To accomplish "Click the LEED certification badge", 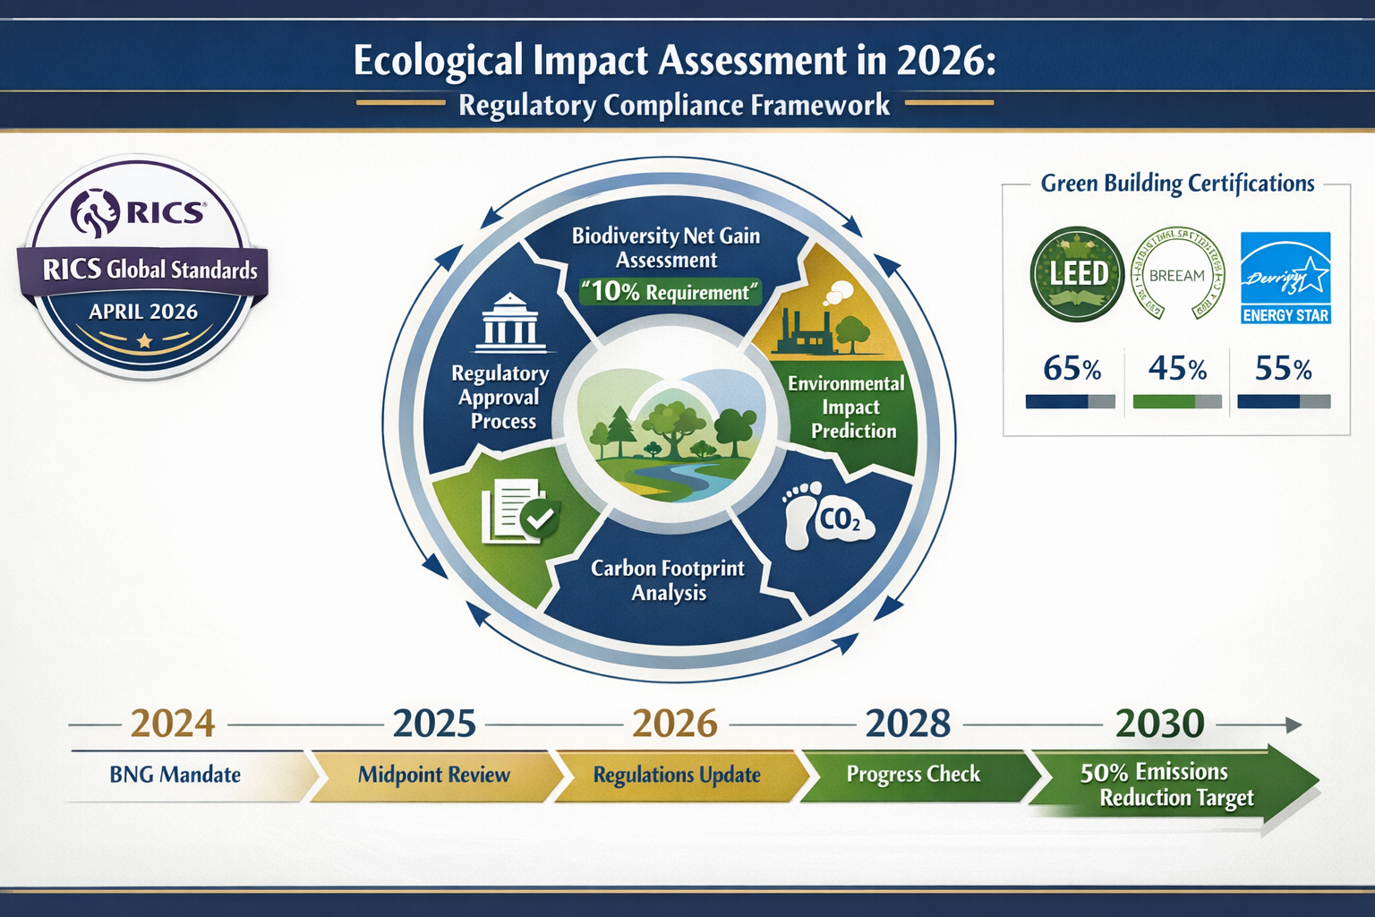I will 1077,274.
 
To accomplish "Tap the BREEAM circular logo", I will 1177,274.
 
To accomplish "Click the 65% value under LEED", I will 1072,369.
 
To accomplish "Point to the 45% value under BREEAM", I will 1177,369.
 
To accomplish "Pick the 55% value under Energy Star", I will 1283,369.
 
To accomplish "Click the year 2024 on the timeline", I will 173,724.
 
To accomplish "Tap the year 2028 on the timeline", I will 908,724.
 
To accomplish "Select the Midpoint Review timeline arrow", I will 434,776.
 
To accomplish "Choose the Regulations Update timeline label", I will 677,776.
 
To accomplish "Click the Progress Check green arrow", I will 913,775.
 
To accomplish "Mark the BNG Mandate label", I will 175,776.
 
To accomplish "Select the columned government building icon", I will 510,322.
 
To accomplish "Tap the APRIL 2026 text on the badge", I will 143,312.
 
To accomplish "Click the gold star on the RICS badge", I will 144,341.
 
